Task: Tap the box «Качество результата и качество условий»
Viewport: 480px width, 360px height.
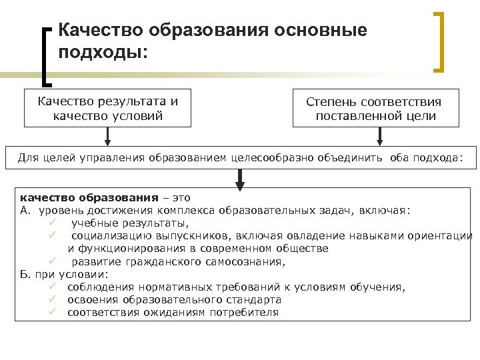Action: click(x=108, y=108)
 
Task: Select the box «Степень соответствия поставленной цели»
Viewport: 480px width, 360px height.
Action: click(x=375, y=108)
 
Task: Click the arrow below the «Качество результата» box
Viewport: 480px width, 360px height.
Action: click(x=107, y=136)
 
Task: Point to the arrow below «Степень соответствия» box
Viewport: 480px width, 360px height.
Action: click(x=379, y=136)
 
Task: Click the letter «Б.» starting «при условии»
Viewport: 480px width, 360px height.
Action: click(x=25, y=274)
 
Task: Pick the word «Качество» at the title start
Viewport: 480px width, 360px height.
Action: click(x=101, y=30)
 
